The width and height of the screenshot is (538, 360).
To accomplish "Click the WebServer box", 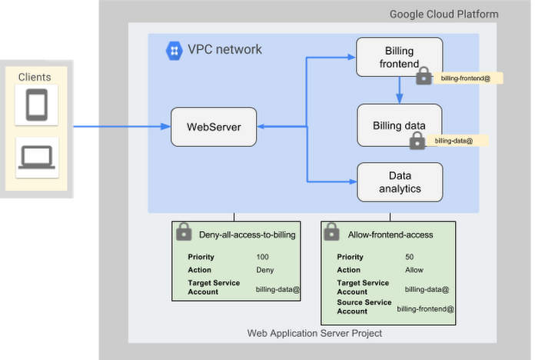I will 214,126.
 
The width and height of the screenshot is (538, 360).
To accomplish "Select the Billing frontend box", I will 399,57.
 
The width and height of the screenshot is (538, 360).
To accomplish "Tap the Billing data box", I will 399,125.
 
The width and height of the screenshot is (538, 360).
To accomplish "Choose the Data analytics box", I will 400,182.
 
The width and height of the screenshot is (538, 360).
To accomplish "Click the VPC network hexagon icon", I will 174,51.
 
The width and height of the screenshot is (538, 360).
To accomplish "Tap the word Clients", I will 35,77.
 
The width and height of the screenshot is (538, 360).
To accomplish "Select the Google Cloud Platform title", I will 443,14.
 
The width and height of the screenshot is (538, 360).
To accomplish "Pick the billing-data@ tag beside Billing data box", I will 453,141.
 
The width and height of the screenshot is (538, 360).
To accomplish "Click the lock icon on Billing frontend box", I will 423,75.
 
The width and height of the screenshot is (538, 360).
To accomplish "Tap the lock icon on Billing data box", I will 417,140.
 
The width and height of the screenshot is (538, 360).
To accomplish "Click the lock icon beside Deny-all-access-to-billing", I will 184,232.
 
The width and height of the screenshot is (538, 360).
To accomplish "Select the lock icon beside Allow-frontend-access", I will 331,232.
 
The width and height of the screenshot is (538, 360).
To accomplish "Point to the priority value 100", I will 263,257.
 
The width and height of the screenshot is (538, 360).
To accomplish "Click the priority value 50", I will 409,257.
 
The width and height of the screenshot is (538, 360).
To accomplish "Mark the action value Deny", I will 264,270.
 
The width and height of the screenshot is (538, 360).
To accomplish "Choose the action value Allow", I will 413,270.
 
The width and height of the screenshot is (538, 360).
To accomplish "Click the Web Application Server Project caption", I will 314,333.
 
